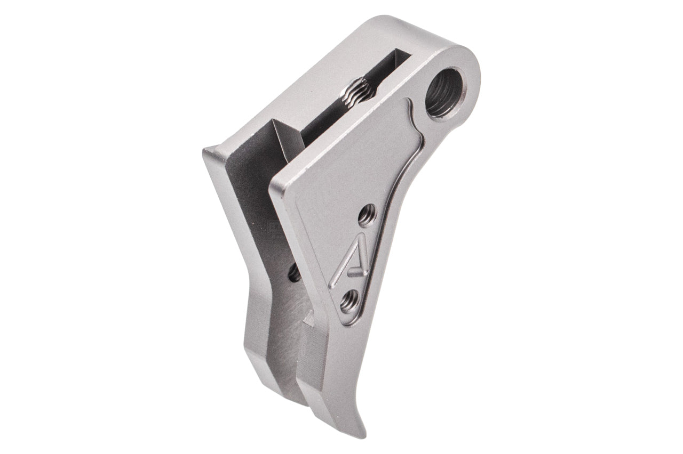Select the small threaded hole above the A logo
click(367, 215)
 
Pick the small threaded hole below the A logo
click(350, 302)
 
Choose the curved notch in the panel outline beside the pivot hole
click(414, 109)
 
